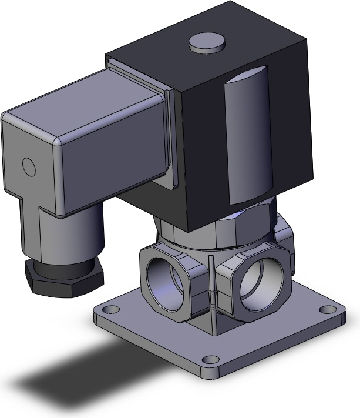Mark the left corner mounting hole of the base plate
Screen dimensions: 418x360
point(108,309)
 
